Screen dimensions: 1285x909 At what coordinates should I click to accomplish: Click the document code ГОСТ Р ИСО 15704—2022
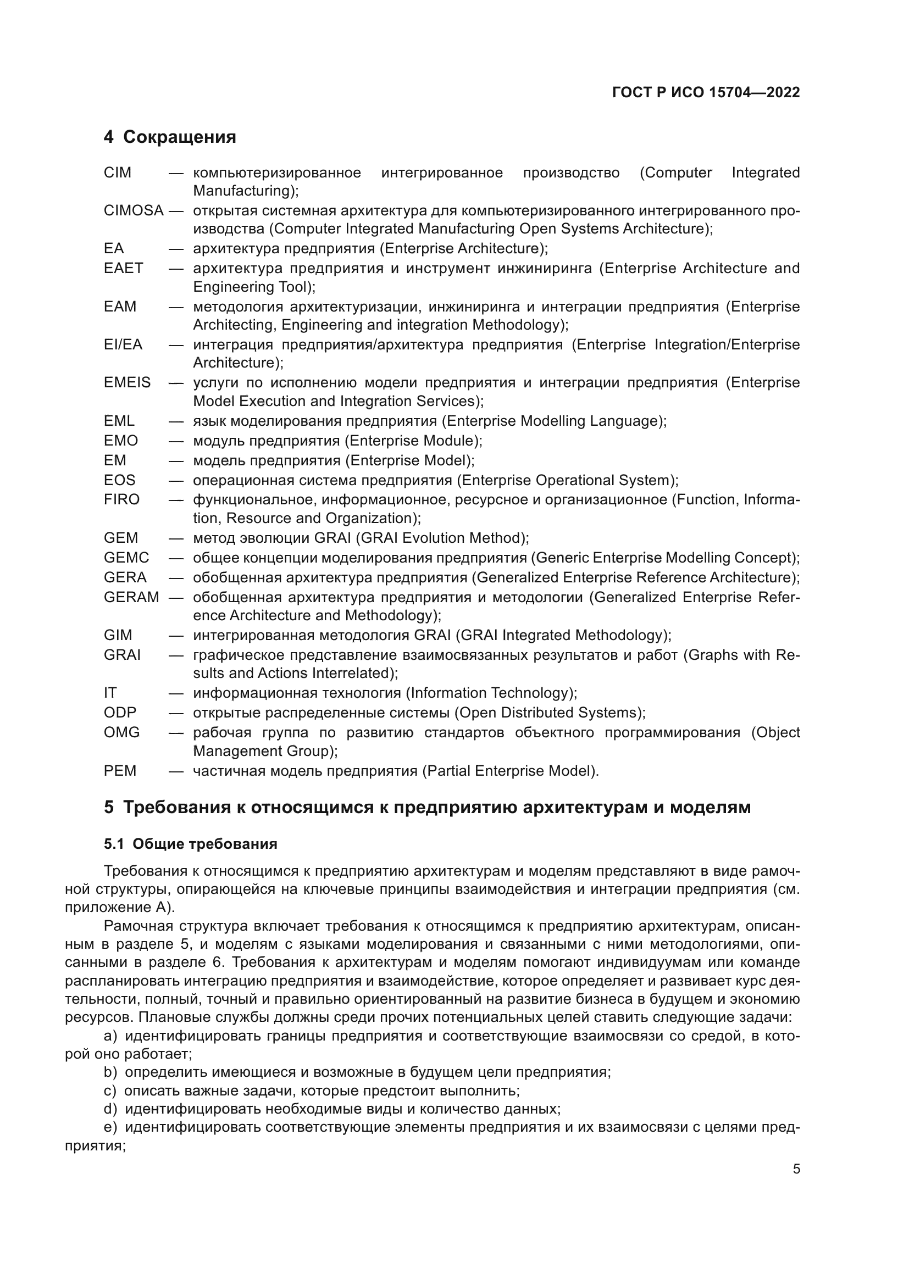click(x=706, y=92)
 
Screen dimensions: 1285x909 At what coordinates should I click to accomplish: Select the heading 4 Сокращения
click(x=170, y=137)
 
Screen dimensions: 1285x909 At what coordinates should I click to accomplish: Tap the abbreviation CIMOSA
click(x=133, y=211)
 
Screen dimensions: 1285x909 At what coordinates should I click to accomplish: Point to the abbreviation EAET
click(x=123, y=268)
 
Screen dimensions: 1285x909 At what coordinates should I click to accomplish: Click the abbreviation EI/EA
click(x=123, y=345)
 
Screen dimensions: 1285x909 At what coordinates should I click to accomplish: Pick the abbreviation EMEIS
click(x=127, y=383)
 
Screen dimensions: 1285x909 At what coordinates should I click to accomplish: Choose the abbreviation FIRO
click(x=121, y=499)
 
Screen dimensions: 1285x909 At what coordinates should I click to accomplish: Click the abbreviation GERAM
click(x=131, y=597)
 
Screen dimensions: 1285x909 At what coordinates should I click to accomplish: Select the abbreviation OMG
click(x=121, y=733)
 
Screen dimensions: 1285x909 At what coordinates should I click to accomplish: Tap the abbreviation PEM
click(x=120, y=771)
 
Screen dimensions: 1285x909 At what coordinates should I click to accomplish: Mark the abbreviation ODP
click(x=120, y=713)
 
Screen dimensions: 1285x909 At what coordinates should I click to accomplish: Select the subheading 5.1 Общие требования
click(x=190, y=844)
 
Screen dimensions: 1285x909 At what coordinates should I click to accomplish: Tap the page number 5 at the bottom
click(x=796, y=1169)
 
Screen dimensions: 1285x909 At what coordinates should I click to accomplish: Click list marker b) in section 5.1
click(x=110, y=1072)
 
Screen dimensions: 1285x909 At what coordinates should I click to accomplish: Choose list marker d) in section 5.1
click(x=110, y=1109)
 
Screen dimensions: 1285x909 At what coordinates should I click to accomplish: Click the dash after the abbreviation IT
click(x=176, y=693)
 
